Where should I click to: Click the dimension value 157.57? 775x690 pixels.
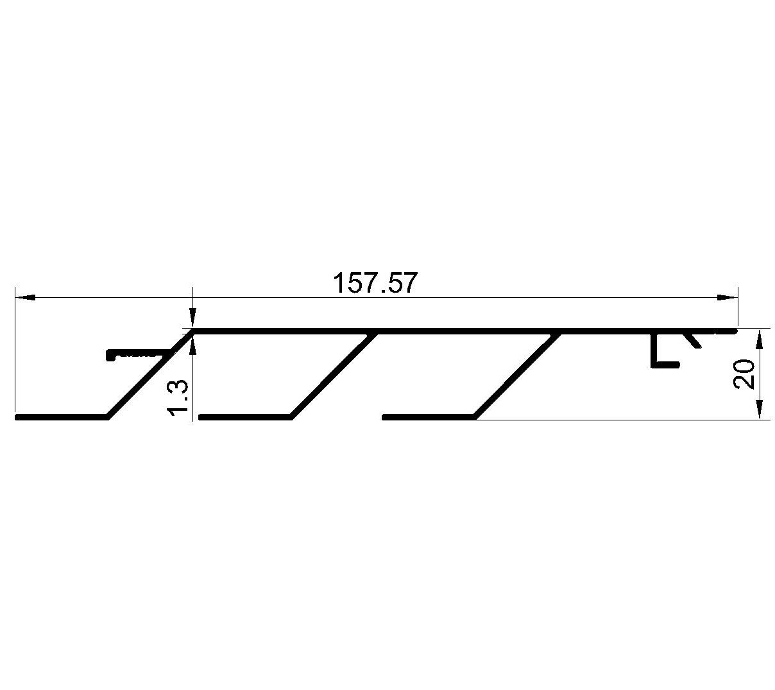[x=374, y=283]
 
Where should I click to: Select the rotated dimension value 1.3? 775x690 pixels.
[x=178, y=401]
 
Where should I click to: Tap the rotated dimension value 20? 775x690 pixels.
[x=744, y=374]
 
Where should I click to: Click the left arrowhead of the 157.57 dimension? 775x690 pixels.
[x=25, y=297]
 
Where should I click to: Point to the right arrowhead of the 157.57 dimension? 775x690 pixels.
[x=726, y=297]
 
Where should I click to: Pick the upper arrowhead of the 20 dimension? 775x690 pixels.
[x=760, y=341]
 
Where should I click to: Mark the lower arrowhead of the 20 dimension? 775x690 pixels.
[x=760, y=410]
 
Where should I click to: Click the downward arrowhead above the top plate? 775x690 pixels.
[x=193, y=318]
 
